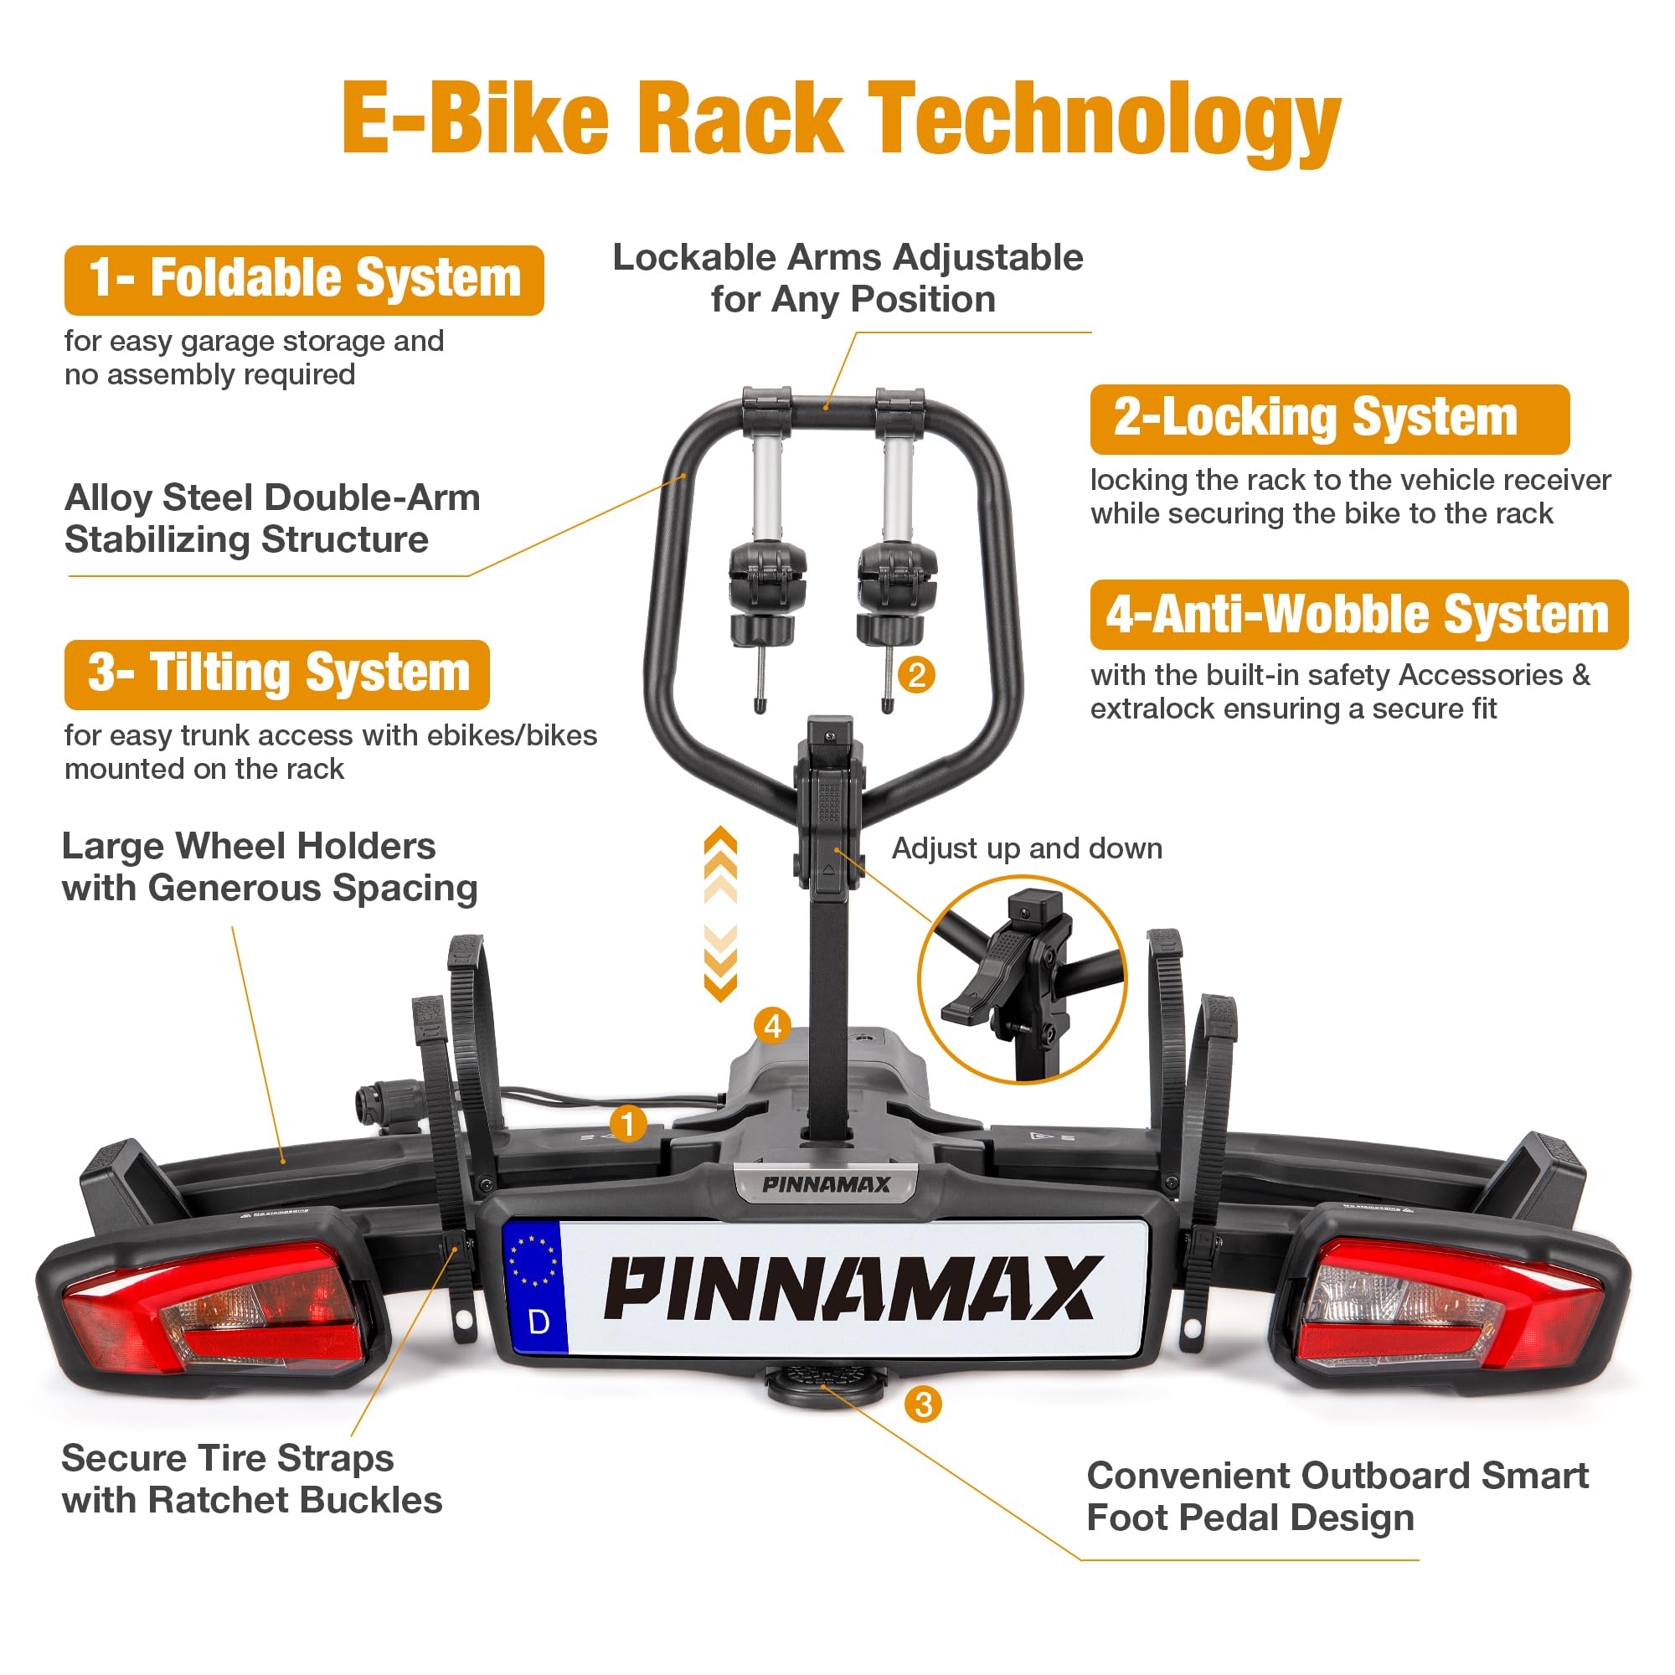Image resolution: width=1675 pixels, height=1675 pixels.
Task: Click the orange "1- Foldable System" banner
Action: point(303,280)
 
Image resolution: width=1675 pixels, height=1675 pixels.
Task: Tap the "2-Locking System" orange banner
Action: point(1329,419)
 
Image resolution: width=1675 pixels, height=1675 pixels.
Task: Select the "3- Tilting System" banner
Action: point(276,674)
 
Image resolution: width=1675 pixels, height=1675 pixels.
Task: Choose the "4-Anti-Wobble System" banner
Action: point(1358,615)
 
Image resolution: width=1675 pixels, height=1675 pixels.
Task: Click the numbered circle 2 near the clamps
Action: point(916,674)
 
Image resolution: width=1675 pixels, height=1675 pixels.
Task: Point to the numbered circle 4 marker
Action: point(772,1027)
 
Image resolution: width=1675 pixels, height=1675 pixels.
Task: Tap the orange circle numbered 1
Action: point(627,1126)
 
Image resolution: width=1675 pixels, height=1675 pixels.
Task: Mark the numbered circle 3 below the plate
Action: point(922,1404)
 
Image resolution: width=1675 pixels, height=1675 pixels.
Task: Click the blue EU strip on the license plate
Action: point(536,1287)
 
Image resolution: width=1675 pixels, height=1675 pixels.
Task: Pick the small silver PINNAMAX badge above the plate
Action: point(826,1184)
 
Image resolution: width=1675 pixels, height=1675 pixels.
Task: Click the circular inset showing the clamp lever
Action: point(1021,980)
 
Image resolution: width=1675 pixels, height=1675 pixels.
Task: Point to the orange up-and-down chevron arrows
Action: point(720,915)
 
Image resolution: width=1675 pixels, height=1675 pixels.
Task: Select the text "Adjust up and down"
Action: point(1028,848)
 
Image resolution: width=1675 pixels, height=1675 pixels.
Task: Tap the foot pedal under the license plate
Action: point(824,1383)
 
